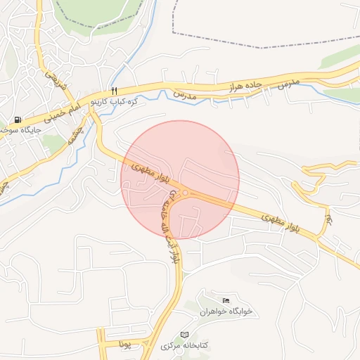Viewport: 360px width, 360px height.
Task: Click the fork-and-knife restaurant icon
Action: click(113, 91)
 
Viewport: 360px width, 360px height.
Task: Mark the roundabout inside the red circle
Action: click(185, 193)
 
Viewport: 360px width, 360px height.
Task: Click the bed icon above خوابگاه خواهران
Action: click(225, 300)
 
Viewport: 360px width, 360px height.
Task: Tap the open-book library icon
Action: click(185, 334)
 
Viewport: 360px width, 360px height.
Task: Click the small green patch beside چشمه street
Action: click(53, 143)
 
